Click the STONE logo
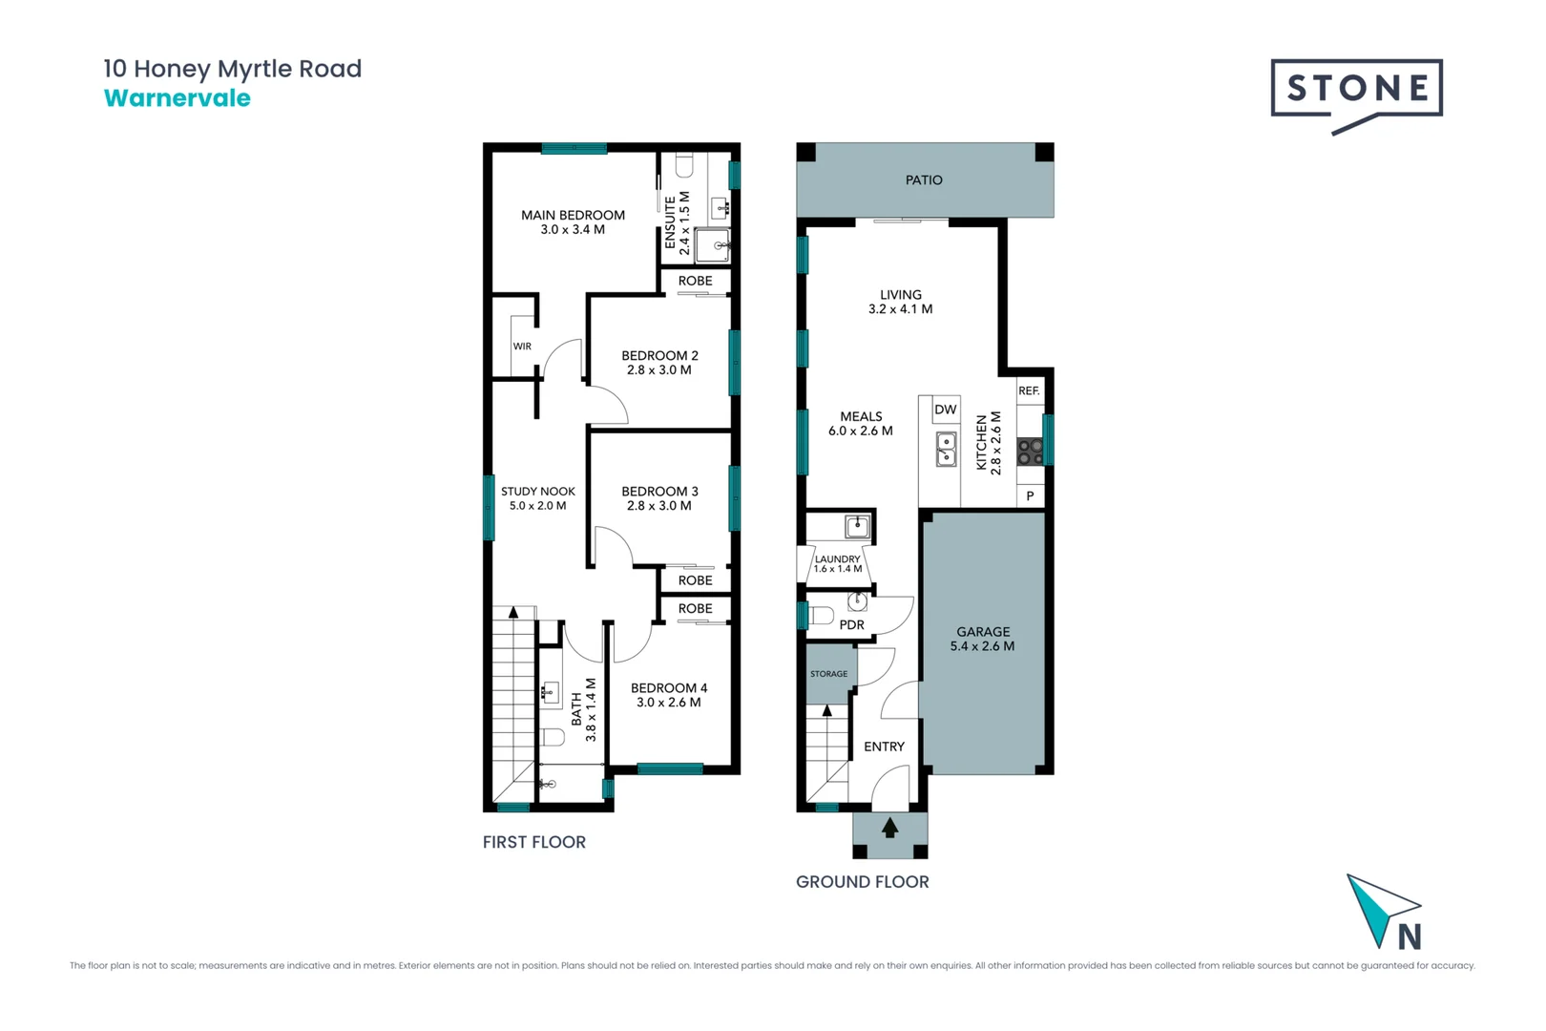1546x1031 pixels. [1356, 90]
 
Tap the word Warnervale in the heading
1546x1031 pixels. [178, 98]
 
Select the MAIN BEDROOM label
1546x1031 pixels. [573, 215]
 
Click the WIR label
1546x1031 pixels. [522, 347]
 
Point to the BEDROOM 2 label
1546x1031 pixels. [659, 355]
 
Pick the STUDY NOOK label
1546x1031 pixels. [537, 492]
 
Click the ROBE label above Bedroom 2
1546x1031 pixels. [695, 281]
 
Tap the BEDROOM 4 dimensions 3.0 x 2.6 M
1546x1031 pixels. [668, 703]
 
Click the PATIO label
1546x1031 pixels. [924, 179]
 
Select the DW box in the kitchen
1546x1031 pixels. [945, 410]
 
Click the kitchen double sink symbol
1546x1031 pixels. [946, 449]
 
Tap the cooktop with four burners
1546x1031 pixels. [1030, 452]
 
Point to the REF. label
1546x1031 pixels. [1029, 391]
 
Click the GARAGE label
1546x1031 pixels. [983, 632]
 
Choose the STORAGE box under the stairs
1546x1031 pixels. [828, 674]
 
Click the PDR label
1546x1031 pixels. [851, 625]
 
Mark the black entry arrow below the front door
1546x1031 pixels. [889, 828]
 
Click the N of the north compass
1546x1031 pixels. [1410, 938]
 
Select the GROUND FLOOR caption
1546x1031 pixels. [862, 882]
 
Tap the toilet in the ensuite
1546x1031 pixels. [684, 168]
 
